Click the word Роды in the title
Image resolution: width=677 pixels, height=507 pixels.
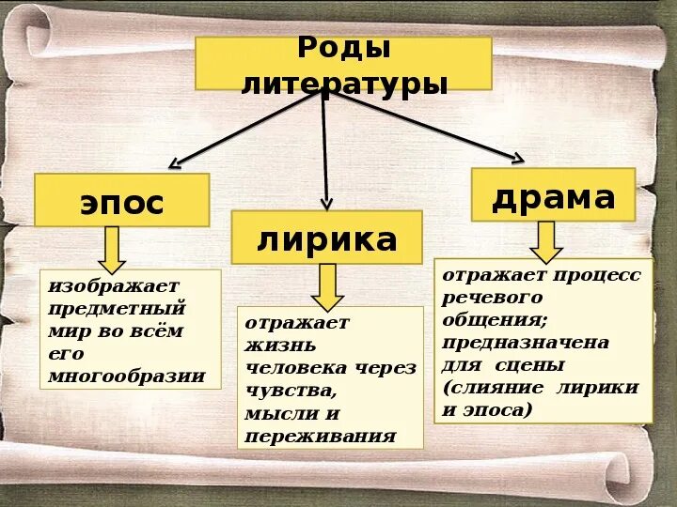tap(343, 48)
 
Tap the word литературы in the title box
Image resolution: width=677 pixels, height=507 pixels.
tap(343, 84)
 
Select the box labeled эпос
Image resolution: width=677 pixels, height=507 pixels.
tap(121, 201)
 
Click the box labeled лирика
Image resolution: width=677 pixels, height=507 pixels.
tap(326, 238)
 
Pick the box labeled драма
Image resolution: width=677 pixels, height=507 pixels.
tap(553, 195)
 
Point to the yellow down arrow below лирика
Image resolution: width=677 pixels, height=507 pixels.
tap(326, 285)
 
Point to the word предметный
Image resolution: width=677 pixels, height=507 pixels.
tap(118, 307)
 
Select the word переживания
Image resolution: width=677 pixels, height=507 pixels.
tap(320, 437)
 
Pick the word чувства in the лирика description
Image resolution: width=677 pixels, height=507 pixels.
tap(290, 391)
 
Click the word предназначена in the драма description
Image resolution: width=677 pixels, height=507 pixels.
tap(526, 342)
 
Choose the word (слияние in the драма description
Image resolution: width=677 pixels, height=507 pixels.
tap(494, 387)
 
